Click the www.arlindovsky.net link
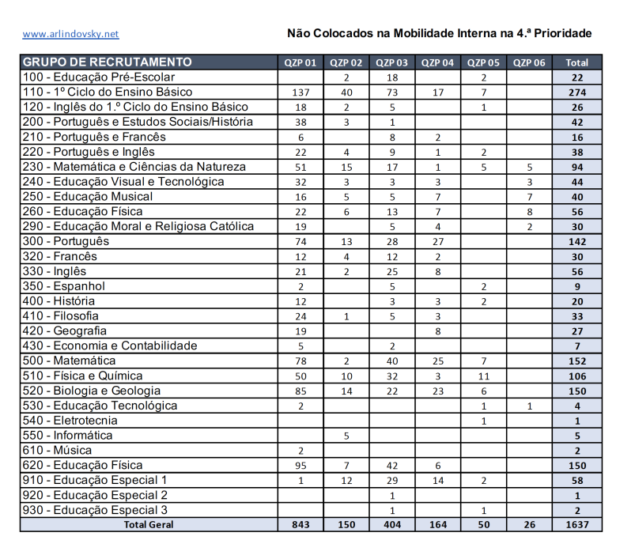pyautogui.click(x=70, y=34)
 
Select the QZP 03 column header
pyautogui.click(x=392, y=62)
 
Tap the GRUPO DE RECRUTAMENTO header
pyautogui.click(x=108, y=62)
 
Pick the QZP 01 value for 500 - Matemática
pyautogui.click(x=300, y=361)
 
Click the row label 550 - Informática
pyautogui.click(x=83, y=436)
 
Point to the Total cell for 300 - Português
pyautogui.click(x=577, y=242)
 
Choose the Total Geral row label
pyautogui.click(x=149, y=524)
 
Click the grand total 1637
pyautogui.click(x=577, y=524)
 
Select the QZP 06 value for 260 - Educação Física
pyautogui.click(x=529, y=212)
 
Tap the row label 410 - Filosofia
pyautogui.click(x=77, y=316)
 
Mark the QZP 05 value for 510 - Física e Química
pyautogui.click(x=483, y=376)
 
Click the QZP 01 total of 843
pyautogui.click(x=300, y=524)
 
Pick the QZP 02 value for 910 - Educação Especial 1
pyautogui.click(x=346, y=481)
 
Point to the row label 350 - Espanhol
pyautogui.click(x=76, y=286)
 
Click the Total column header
pyautogui.click(x=577, y=62)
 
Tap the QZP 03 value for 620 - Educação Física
pyautogui.click(x=392, y=466)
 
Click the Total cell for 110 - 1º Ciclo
pyautogui.click(x=577, y=93)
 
